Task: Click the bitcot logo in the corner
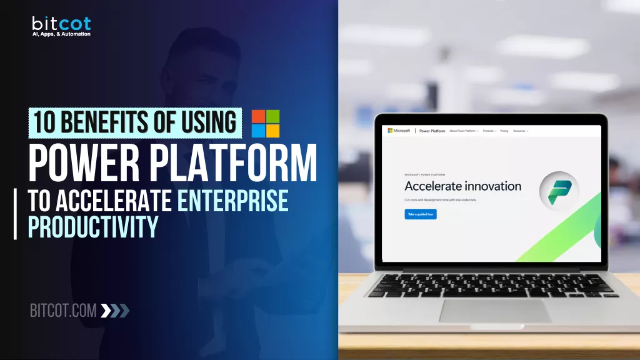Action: (x=61, y=24)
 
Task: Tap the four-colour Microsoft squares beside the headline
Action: (x=266, y=123)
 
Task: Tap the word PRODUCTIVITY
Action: (x=93, y=227)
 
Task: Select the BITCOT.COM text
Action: (x=63, y=310)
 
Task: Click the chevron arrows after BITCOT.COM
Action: (x=115, y=310)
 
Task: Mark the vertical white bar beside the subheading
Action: (x=15, y=214)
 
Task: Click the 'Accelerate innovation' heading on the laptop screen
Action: (x=462, y=186)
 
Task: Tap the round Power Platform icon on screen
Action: (x=559, y=191)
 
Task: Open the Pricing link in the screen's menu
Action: (x=504, y=131)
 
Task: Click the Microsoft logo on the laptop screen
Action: (x=399, y=131)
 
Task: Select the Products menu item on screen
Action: (x=489, y=131)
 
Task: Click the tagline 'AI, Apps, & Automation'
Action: (x=61, y=34)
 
